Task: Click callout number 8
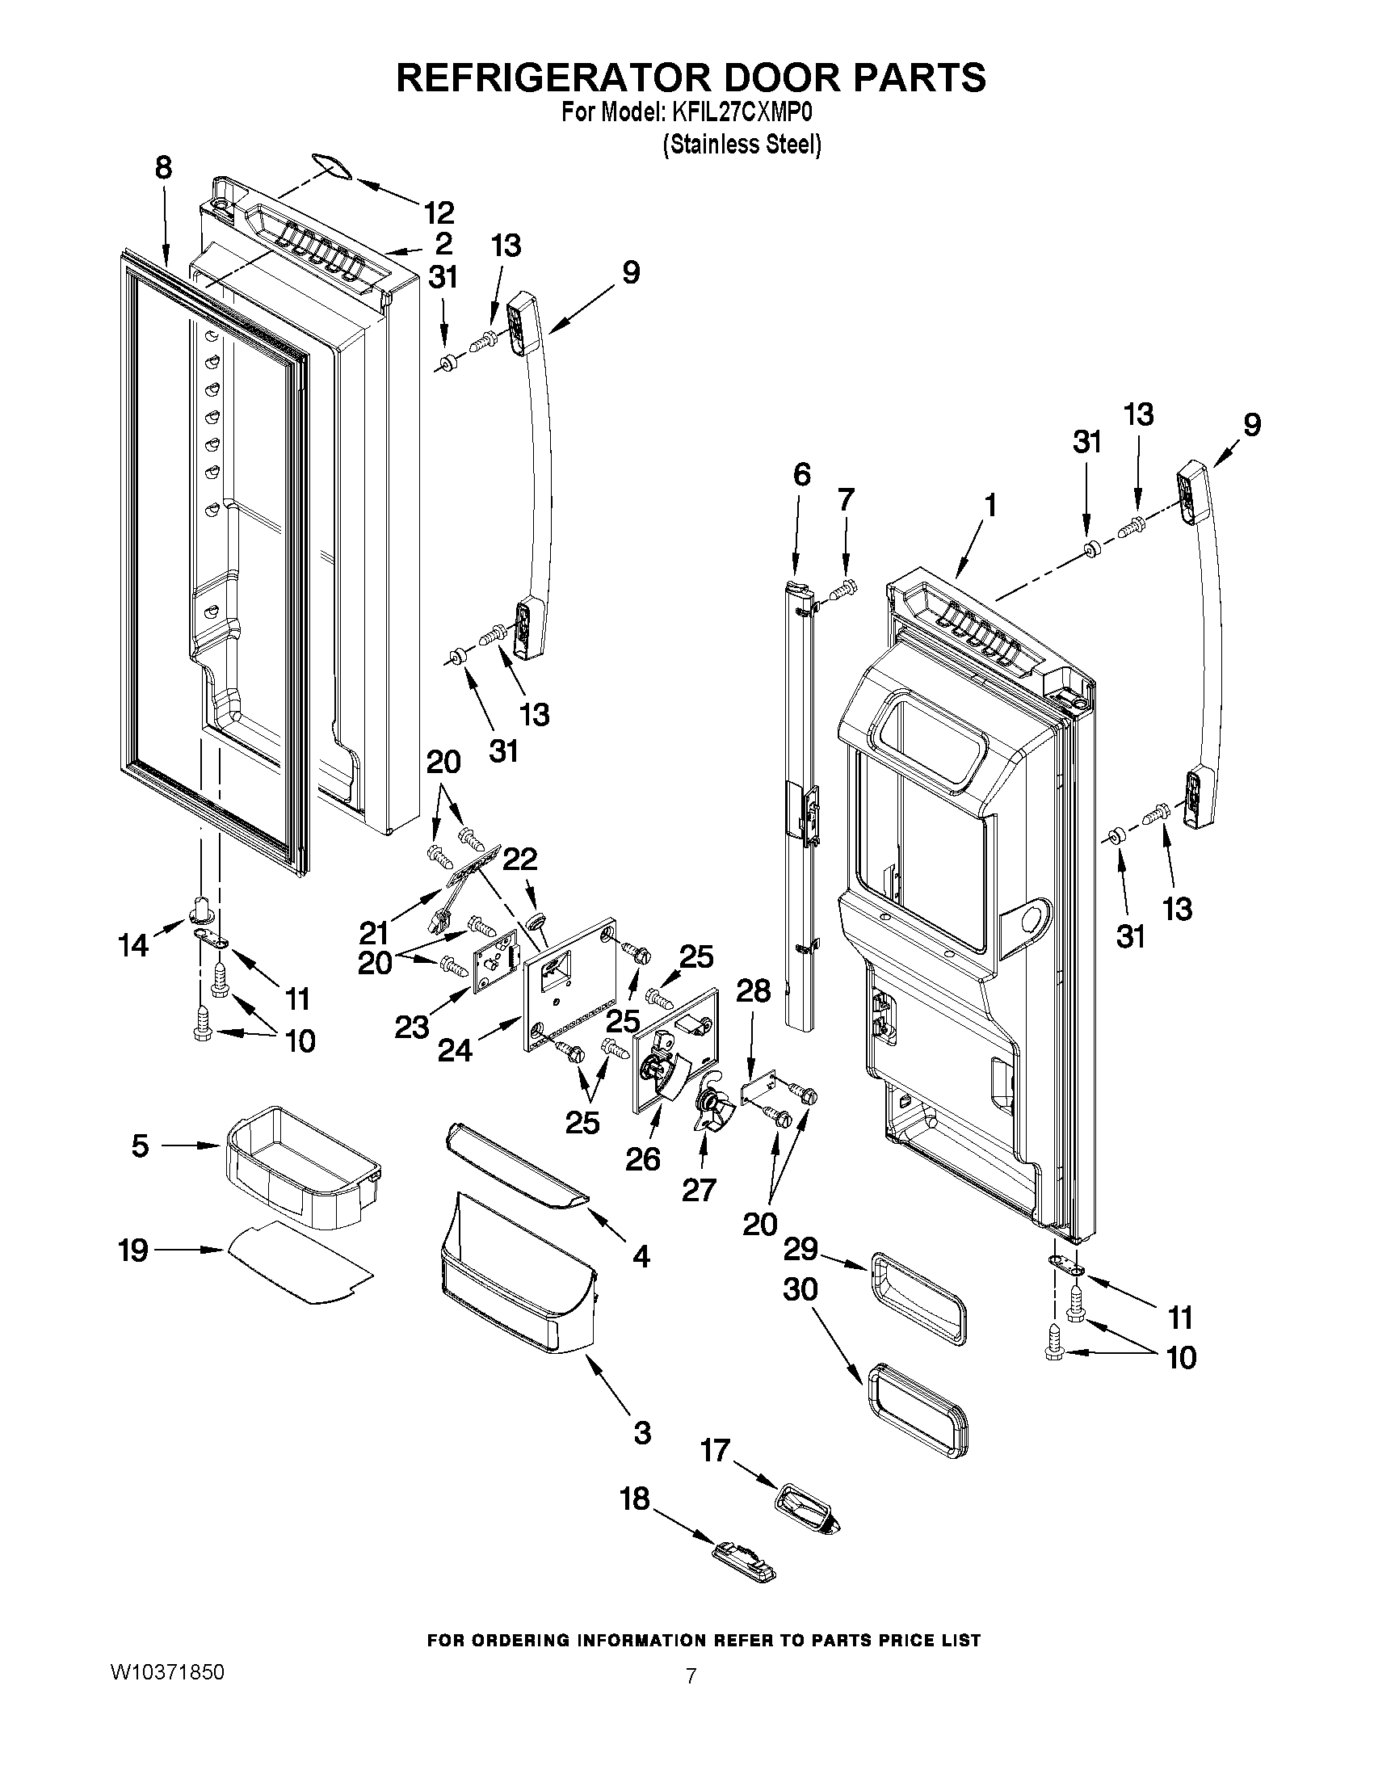point(164,169)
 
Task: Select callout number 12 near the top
point(439,213)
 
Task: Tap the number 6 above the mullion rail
point(802,474)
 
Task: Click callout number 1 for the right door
point(990,506)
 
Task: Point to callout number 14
point(133,945)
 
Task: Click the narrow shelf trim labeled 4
point(517,1179)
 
